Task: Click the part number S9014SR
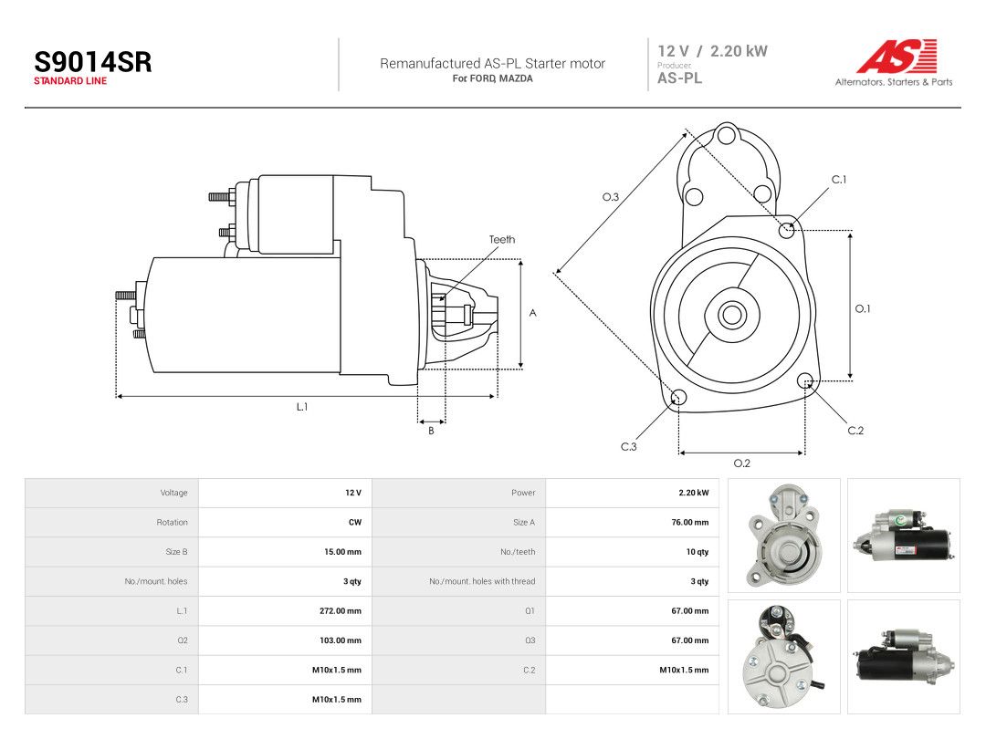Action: point(92,62)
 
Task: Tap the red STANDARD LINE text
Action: point(70,81)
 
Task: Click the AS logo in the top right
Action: point(897,56)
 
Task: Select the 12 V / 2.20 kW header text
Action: point(712,51)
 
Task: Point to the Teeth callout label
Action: point(502,239)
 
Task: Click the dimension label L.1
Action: point(302,407)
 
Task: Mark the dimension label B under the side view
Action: point(431,431)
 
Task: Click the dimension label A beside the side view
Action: point(532,313)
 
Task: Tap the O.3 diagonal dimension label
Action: point(611,197)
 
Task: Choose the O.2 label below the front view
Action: point(742,463)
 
